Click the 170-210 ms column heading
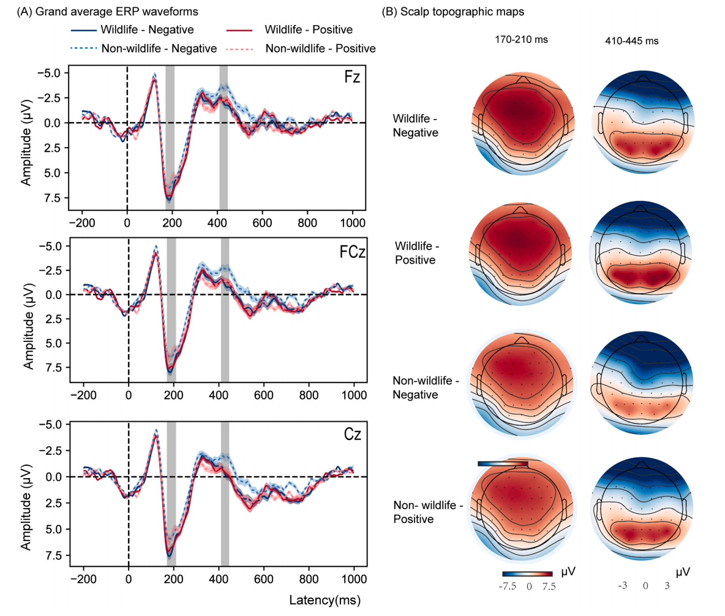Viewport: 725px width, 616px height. (521, 40)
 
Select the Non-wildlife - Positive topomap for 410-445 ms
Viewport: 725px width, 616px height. (642, 505)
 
